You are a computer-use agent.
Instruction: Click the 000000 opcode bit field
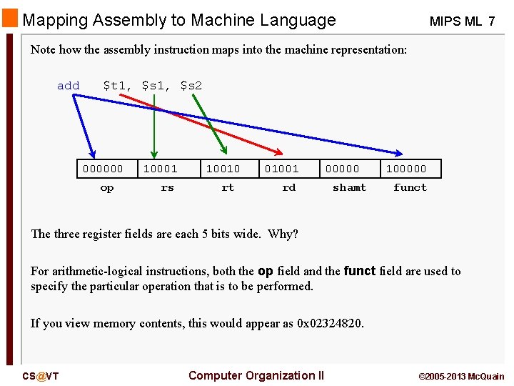click(103, 169)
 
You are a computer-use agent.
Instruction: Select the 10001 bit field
click(160, 169)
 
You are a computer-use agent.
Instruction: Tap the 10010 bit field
click(223, 169)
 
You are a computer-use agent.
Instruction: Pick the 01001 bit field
click(282, 169)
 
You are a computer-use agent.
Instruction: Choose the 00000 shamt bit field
click(343, 169)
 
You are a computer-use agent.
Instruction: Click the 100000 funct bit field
click(406, 169)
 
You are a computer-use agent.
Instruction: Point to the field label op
click(107, 188)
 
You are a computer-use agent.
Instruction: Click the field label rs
click(167, 188)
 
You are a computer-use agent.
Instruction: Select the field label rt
click(228, 188)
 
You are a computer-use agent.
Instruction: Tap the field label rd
click(288, 188)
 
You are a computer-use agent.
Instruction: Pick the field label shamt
click(349, 188)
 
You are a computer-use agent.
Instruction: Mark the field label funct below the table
click(410, 188)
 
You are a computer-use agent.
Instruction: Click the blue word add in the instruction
click(69, 86)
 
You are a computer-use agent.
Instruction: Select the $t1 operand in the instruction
click(116, 86)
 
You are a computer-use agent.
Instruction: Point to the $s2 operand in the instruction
click(191, 86)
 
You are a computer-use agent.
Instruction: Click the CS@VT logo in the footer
click(41, 376)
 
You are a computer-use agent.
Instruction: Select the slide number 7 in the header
click(491, 21)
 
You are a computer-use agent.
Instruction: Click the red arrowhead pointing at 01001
click(278, 151)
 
